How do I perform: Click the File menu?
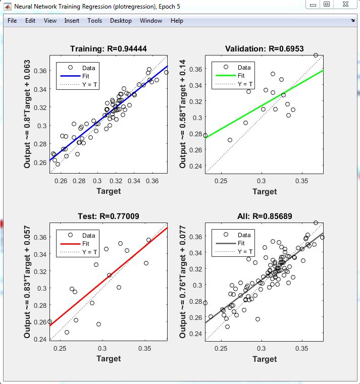coord(12,21)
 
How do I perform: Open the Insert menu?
coord(72,21)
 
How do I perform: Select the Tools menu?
coord(94,21)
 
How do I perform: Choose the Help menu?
coord(177,21)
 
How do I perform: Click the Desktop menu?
coord(121,21)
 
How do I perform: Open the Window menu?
coord(151,21)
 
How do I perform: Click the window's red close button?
coord(345,5)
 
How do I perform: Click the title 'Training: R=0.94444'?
coord(109,49)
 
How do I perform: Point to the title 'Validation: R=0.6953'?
coord(265,49)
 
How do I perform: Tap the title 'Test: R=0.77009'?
coord(109,216)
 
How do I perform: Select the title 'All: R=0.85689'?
coord(265,216)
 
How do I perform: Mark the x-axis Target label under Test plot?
coord(109,358)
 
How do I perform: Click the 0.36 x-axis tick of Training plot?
coord(152,180)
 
